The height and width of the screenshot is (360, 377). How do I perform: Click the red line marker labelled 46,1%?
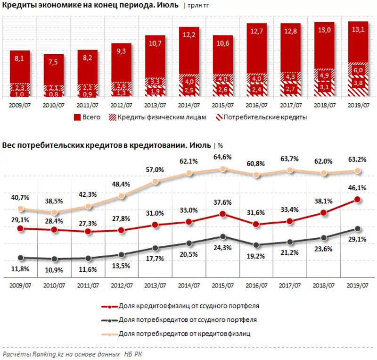coord(358,200)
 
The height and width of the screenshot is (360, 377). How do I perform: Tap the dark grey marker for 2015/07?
coord(223,237)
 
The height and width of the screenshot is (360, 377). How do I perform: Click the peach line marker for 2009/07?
coord(20,209)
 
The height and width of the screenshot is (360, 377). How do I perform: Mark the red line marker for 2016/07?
coord(256,224)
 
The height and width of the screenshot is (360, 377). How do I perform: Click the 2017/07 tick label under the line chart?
coord(290,286)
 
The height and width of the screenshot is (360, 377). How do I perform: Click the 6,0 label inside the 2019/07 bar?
coord(358,70)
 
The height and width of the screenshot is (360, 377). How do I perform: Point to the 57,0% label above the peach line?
coord(156,170)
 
